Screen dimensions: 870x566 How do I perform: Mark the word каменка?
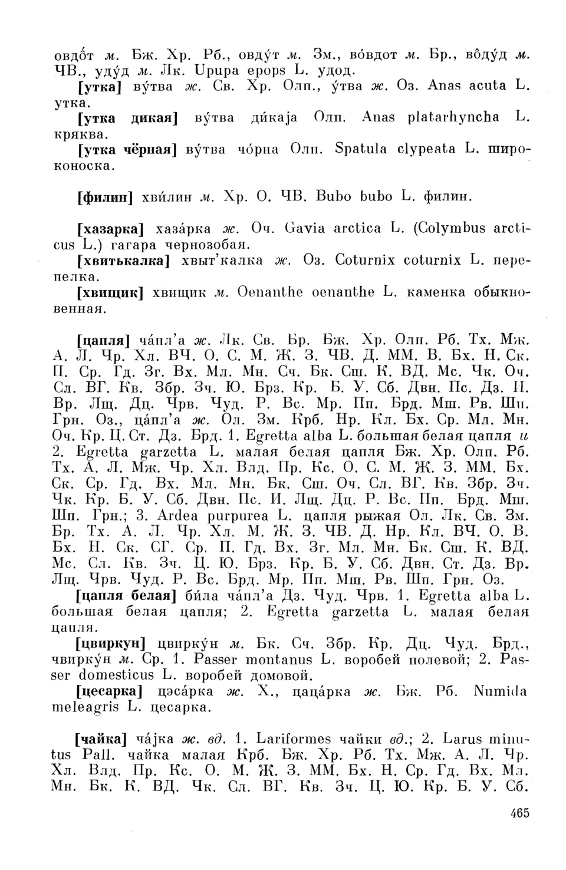(x=437, y=292)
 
